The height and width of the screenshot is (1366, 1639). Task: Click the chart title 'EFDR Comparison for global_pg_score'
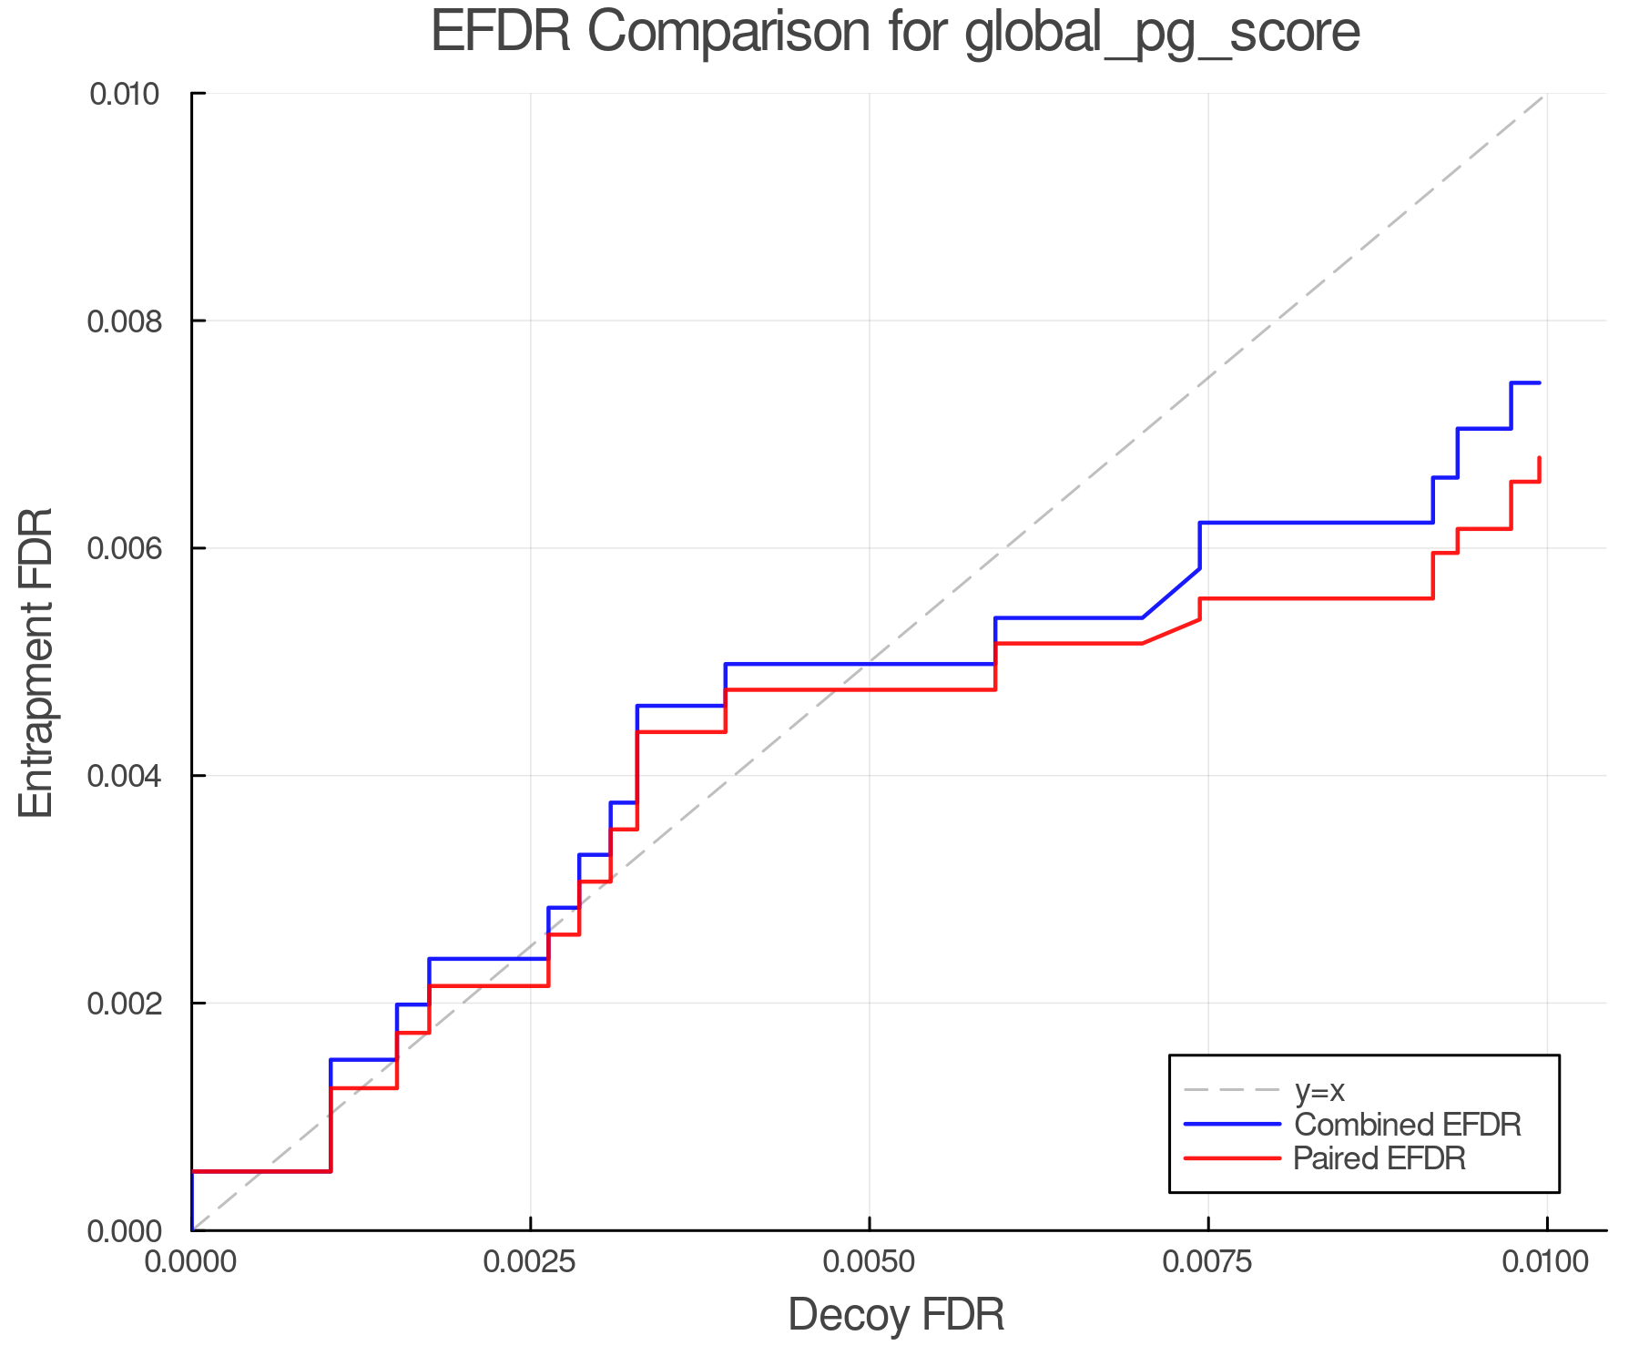[895, 33]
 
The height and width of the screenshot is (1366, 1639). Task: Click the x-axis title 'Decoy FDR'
[896, 1315]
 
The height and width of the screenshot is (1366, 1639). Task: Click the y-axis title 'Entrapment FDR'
[36, 662]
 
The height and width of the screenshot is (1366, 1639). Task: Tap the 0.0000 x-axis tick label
[191, 1263]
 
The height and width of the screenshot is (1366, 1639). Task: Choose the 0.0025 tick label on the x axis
[530, 1263]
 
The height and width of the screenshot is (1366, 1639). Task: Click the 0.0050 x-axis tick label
[870, 1263]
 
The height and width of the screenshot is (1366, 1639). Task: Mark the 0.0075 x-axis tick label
[1208, 1263]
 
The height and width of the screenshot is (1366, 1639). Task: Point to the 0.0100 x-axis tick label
[1546, 1263]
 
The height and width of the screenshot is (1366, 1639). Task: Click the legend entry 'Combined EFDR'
[1407, 1125]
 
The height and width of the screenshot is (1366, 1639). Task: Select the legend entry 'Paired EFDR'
[1379, 1158]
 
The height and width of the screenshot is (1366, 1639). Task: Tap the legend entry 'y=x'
[1319, 1091]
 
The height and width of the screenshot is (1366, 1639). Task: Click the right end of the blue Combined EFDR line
[1539, 383]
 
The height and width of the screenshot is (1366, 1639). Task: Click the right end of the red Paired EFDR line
[1539, 458]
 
